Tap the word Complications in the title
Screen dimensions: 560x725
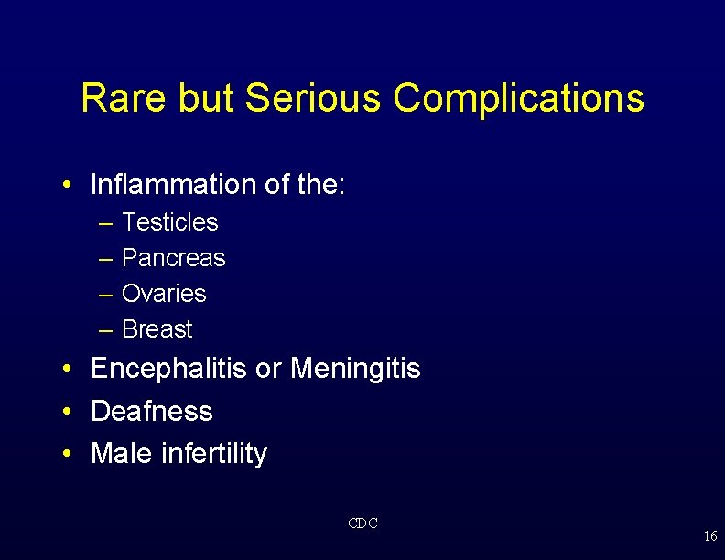[519, 99]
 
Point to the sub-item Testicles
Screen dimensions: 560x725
[169, 222]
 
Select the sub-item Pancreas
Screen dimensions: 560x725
[173, 258]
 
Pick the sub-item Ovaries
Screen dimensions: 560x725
[164, 294]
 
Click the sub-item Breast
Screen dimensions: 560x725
[157, 329]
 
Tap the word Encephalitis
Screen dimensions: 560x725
[169, 369]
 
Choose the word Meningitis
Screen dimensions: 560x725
[355, 369]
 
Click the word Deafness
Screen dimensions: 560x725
[152, 412]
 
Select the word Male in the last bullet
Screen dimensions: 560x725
[115, 454]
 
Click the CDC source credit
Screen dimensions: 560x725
[362, 523]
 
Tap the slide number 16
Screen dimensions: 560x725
[710, 536]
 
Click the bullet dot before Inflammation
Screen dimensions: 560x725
[69, 186]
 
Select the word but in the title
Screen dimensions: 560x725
[206, 99]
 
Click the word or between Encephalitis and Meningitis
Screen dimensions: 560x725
[268, 370]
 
